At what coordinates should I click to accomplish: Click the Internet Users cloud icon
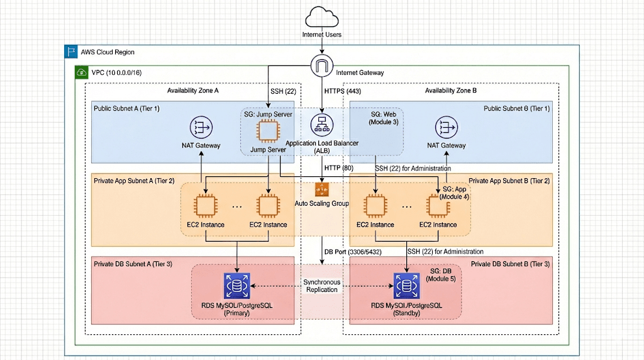(x=322, y=16)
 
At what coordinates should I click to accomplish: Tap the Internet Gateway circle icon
(x=322, y=65)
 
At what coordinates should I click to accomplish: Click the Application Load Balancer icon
(x=322, y=124)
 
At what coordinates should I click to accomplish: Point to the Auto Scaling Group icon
(x=322, y=189)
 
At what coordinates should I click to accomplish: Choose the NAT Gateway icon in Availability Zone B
(x=446, y=128)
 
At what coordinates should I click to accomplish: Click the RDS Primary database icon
(x=236, y=286)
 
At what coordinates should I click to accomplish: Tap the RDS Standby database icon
(x=406, y=286)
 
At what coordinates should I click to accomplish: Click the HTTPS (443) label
(x=343, y=91)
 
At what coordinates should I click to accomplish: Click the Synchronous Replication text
(x=321, y=286)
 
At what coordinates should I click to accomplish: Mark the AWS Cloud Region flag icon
(x=71, y=52)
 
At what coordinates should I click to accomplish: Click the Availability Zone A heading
(x=192, y=91)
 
